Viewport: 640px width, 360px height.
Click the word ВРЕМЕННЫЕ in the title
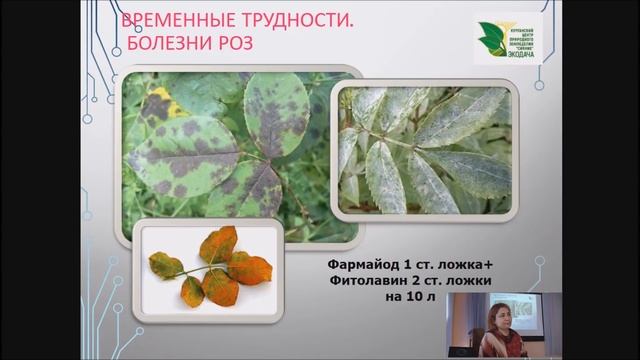coord(173,23)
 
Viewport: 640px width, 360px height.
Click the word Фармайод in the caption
coord(364,265)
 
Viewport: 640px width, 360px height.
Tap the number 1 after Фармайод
coord(408,265)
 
